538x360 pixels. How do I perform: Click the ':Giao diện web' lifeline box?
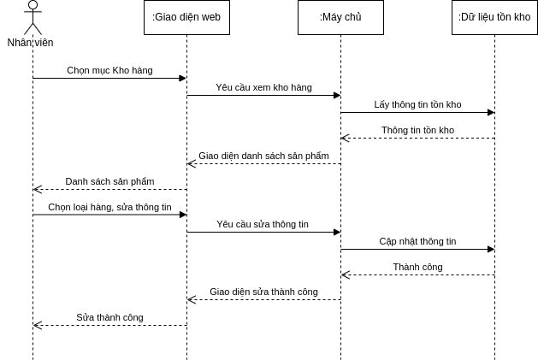pyautogui.click(x=186, y=17)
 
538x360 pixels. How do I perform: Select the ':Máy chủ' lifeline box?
pyautogui.click(x=340, y=17)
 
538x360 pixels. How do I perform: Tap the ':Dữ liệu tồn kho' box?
pyautogui.click(x=494, y=17)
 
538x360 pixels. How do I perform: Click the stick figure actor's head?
pyautogui.click(x=33, y=5)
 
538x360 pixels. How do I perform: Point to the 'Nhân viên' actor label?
pyautogui.click(x=30, y=43)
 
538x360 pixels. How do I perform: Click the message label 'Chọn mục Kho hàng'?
pyautogui.click(x=109, y=70)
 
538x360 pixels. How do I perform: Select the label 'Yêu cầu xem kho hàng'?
pyautogui.click(x=263, y=87)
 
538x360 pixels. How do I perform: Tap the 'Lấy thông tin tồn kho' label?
pyautogui.click(x=417, y=104)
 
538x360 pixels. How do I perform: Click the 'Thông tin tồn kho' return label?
pyautogui.click(x=417, y=130)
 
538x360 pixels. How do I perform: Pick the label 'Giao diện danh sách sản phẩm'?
pyautogui.click(x=263, y=156)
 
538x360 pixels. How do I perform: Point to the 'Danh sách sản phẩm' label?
pyautogui.click(x=109, y=181)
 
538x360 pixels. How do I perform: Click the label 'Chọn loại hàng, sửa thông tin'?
pyautogui.click(x=109, y=207)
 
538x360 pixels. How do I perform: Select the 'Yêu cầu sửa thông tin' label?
pyautogui.click(x=263, y=224)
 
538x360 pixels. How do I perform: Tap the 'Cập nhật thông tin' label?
pyautogui.click(x=417, y=241)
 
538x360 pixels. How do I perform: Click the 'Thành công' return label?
pyautogui.click(x=417, y=267)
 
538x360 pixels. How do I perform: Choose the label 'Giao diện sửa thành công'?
pyautogui.click(x=263, y=292)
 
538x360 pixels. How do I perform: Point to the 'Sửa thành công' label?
pyautogui.click(x=109, y=317)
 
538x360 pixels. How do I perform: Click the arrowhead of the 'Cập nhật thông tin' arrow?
pyautogui.click(x=491, y=249)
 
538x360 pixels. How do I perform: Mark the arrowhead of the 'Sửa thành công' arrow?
pyautogui.click(x=37, y=325)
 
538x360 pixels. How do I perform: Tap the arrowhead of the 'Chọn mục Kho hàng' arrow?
pyautogui.click(x=183, y=78)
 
